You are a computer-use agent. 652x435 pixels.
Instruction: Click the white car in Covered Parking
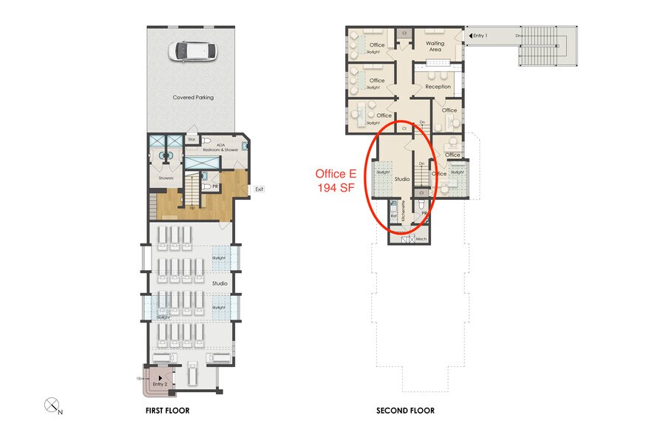tap(191, 51)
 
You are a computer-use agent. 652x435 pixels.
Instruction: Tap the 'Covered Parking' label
tap(193, 97)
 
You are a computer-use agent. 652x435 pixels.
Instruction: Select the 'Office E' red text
tap(336, 174)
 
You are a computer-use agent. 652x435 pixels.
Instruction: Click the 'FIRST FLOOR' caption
tap(168, 410)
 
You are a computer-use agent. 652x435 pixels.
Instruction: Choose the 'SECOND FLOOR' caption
tap(405, 410)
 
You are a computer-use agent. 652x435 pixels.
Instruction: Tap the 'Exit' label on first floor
tap(259, 189)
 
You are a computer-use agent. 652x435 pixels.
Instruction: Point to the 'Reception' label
tap(438, 87)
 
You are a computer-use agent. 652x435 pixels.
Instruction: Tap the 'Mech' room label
tap(421, 240)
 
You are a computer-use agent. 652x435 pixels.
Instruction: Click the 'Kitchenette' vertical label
tap(404, 213)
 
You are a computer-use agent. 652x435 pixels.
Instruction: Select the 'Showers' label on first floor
tap(166, 178)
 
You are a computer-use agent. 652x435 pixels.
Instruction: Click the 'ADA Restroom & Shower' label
tap(225, 148)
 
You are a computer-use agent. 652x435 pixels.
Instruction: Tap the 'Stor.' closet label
tap(191, 138)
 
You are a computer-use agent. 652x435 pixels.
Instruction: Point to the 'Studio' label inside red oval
tap(401, 179)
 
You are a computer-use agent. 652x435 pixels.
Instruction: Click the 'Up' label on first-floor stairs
tap(191, 207)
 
